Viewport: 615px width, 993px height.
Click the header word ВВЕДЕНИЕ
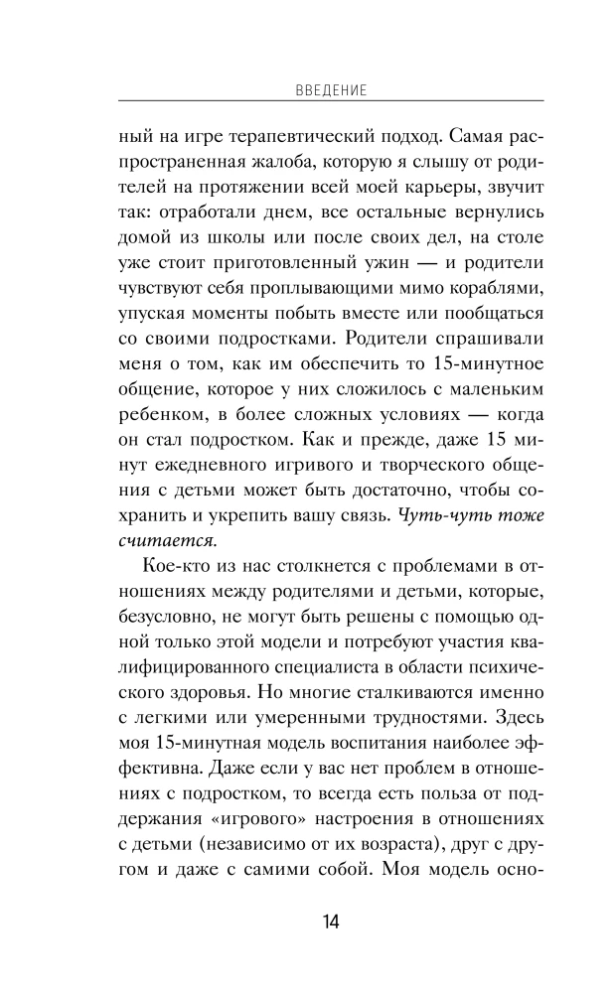pos(332,89)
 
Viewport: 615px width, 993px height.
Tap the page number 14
pos(331,922)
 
